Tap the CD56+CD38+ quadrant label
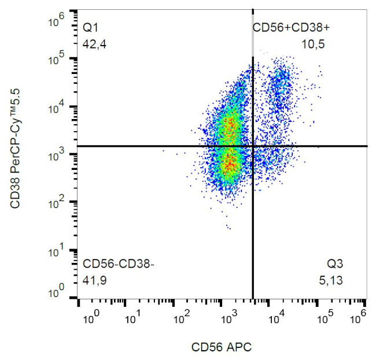pyautogui.click(x=291, y=27)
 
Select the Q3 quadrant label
pyautogui.click(x=336, y=264)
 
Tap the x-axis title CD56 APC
pyautogui.click(x=222, y=347)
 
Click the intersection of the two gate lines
pyautogui.click(x=253, y=146)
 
